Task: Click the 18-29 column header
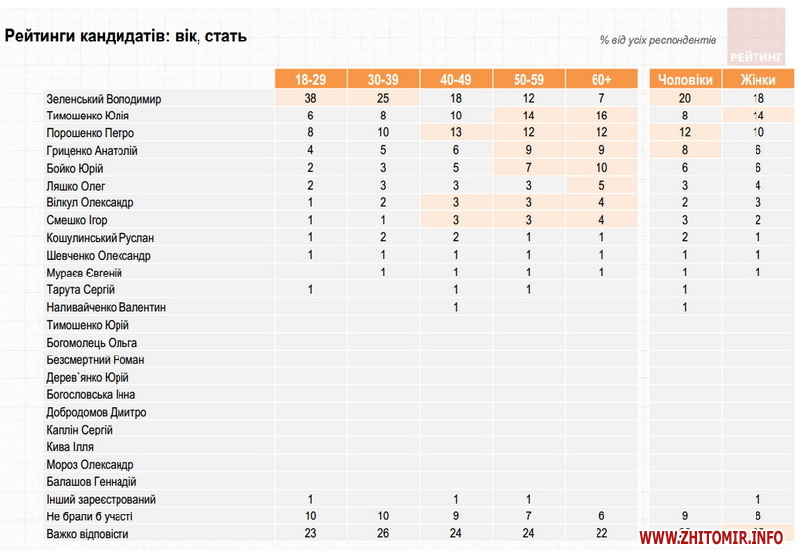pyautogui.click(x=310, y=80)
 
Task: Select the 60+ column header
pyautogui.click(x=601, y=80)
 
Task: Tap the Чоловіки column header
pyautogui.click(x=684, y=80)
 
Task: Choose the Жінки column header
pyautogui.click(x=757, y=80)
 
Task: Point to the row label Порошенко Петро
pyautogui.click(x=90, y=133)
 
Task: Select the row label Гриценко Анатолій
pyautogui.click(x=92, y=151)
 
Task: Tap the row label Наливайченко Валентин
pyautogui.click(x=106, y=308)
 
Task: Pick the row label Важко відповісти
pyautogui.click(x=87, y=535)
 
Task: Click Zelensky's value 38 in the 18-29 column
pyautogui.click(x=310, y=99)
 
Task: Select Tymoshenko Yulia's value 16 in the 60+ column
pyautogui.click(x=601, y=117)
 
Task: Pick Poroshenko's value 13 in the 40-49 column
pyautogui.click(x=456, y=133)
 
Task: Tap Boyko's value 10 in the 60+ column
pyautogui.click(x=601, y=169)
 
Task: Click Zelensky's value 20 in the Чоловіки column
pyautogui.click(x=684, y=99)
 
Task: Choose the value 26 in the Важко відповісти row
pyautogui.click(x=383, y=535)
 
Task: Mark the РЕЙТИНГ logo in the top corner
pyautogui.click(x=756, y=37)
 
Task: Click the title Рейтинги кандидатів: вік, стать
pyautogui.click(x=125, y=37)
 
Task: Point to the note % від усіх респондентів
pyautogui.click(x=659, y=40)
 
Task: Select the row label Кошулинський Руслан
pyautogui.click(x=100, y=238)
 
